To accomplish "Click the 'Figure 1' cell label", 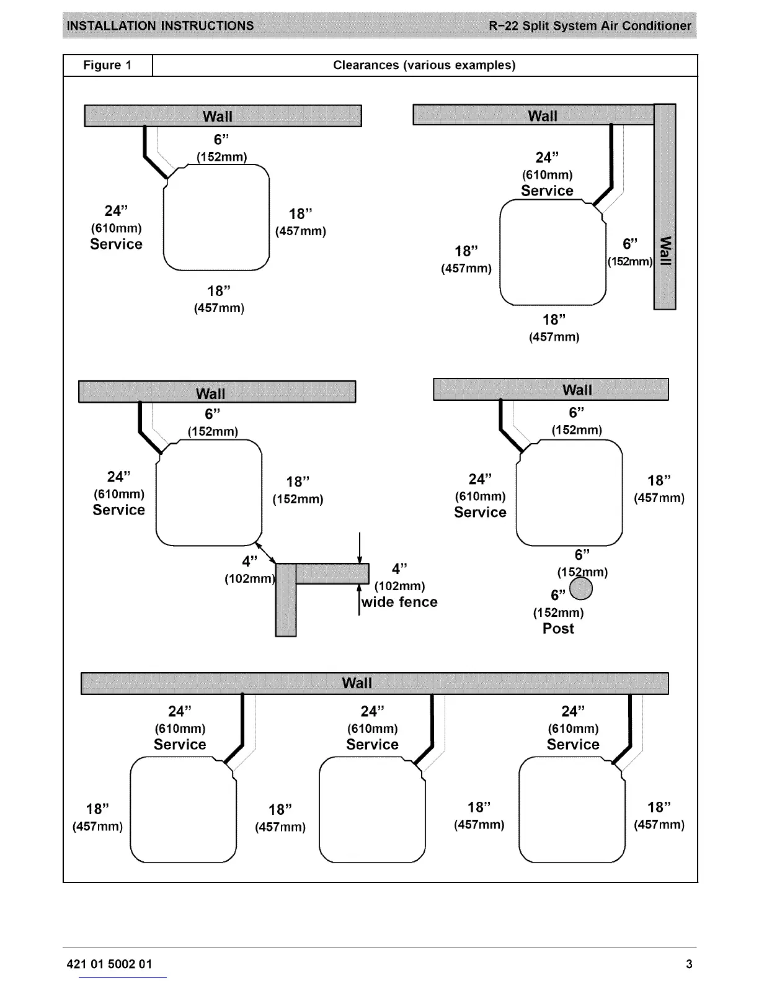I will [x=107, y=65].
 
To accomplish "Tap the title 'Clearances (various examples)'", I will [x=424, y=65].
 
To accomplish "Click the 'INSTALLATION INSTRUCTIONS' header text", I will [x=160, y=26].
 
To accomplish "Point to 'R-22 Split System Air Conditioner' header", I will [x=589, y=26].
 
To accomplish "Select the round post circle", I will [x=581, y=589].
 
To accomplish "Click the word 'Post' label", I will [x=558, y=629].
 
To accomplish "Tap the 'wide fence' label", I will [x=399, y=602].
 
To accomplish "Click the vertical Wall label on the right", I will [x=665, y=250].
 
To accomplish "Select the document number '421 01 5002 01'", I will [x=109, y=964].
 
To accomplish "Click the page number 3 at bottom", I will [x=689, y=964].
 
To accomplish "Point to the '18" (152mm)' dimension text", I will [x=298, y=490].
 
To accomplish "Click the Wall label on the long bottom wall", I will [x=357, y=683].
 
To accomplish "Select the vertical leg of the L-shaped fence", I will [x=285, y=608].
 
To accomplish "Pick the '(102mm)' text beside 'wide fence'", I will [x=400, y=586].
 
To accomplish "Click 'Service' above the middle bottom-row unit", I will [x=372, y=744].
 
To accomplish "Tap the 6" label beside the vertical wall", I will [x=630, y=245].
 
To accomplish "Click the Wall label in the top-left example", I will [x=218, y=116].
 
